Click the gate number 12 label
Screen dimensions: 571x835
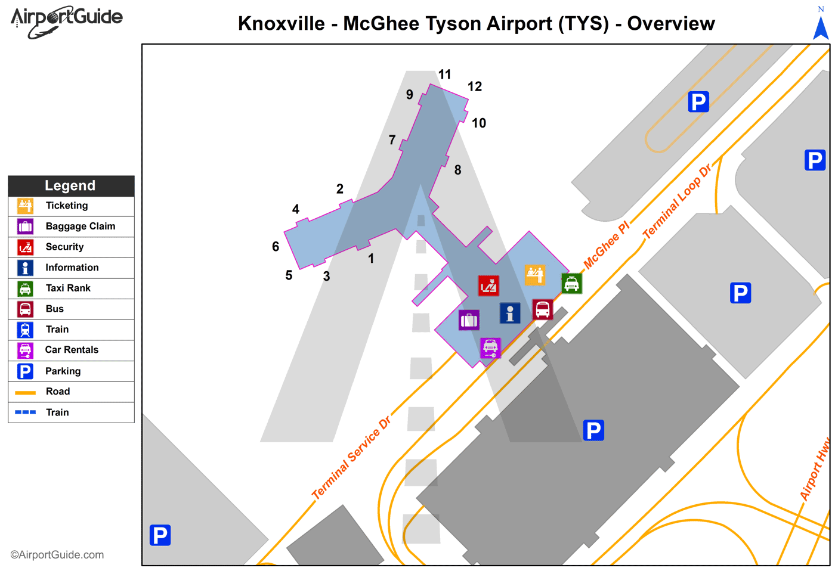pos(475,86)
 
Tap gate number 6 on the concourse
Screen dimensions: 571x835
pos(276,246)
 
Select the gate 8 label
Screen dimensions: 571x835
pos(457,170)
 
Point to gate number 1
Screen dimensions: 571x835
pos(371,259)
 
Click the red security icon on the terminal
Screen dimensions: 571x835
pos(488,285)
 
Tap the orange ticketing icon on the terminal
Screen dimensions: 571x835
pos(535,275)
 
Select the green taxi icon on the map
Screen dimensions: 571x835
pos(571,284)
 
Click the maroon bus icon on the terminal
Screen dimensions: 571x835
pos(542,309)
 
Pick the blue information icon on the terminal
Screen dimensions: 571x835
pos(510,313)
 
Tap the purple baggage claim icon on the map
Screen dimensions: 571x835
pos(469,320)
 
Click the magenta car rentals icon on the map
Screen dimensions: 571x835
pos(490,347)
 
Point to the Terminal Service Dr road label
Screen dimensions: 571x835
pos(351,458)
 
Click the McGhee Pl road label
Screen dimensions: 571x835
pos(606,245)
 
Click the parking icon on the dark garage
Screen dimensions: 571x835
pos(593,430)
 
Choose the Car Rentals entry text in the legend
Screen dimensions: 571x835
pos(72,350)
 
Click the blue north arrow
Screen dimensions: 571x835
pos(821,27)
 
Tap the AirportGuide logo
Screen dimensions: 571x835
pos(66,21)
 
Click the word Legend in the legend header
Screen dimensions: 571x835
pos(70,185)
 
